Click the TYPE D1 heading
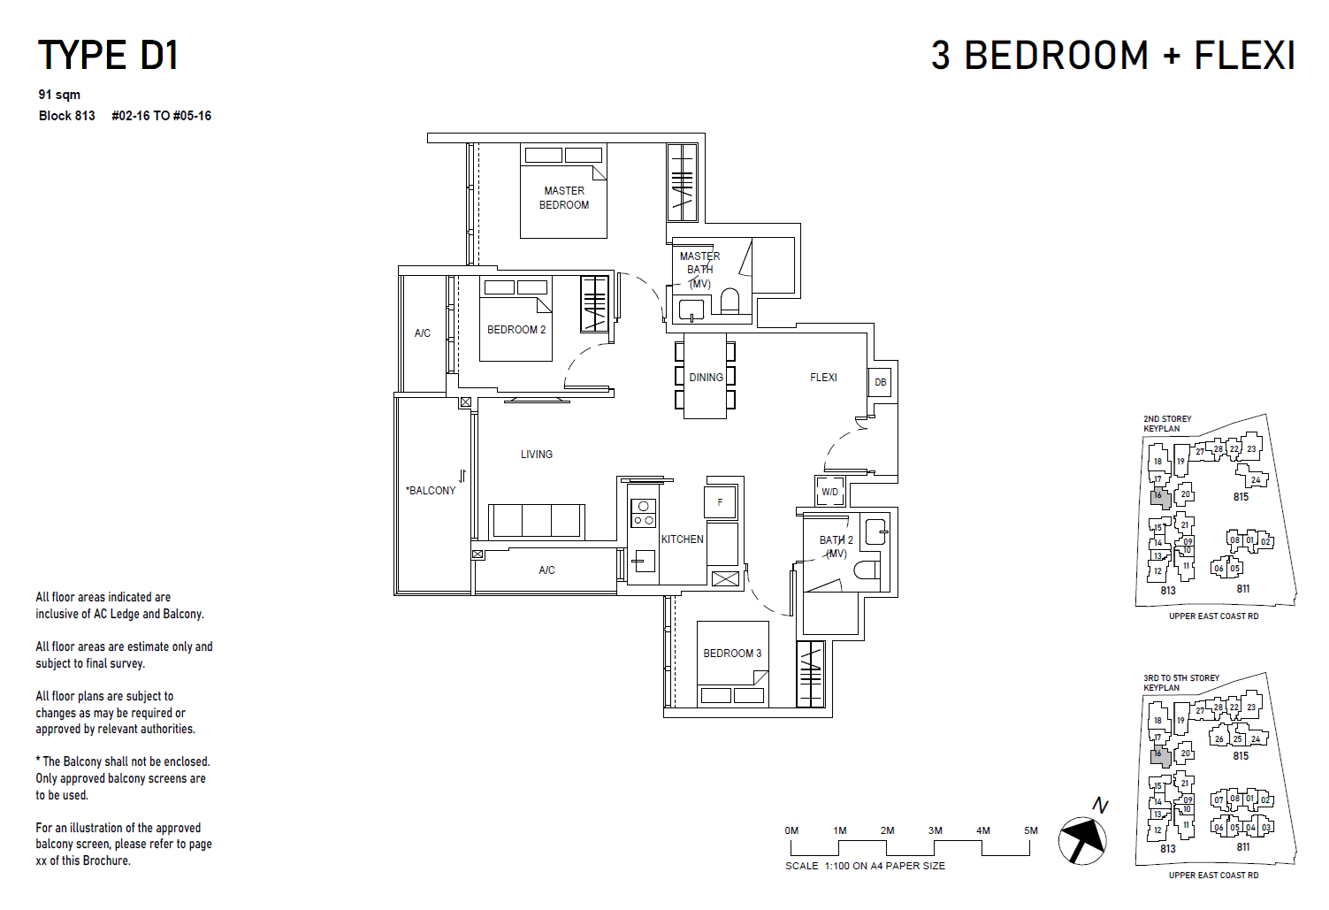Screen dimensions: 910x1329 (x=108, y=56)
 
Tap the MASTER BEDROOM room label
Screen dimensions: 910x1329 (x=564, y=198)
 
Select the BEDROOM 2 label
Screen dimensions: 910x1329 (x=516, y=330)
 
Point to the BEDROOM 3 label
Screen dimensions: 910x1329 (x=732, y=654)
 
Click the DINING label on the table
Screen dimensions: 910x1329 (x=706, y=378)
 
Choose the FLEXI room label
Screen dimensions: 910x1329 (x=823, y=378)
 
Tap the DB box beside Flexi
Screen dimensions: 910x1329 (x=880, y=382)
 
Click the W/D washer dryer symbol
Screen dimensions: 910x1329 (x=829, y=492)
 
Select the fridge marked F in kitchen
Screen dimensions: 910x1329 (x=721, y=502)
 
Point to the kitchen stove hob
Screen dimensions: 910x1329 (x=643, y=513)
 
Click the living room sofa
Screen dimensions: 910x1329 (x=537, y=521)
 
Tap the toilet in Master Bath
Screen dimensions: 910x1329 (x=729, y=302)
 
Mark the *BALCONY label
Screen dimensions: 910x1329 (x=431, y=491)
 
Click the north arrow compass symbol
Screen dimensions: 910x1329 (x=1083, y=838)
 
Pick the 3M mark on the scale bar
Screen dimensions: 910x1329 (x=936, y=830)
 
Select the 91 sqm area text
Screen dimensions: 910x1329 (x=59, y=95)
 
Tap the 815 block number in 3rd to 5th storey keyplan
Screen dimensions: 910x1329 (x=1241, y=756)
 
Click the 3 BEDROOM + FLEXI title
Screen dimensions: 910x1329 (x=1112, y=56)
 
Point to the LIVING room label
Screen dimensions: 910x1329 (x=536, y=455)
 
